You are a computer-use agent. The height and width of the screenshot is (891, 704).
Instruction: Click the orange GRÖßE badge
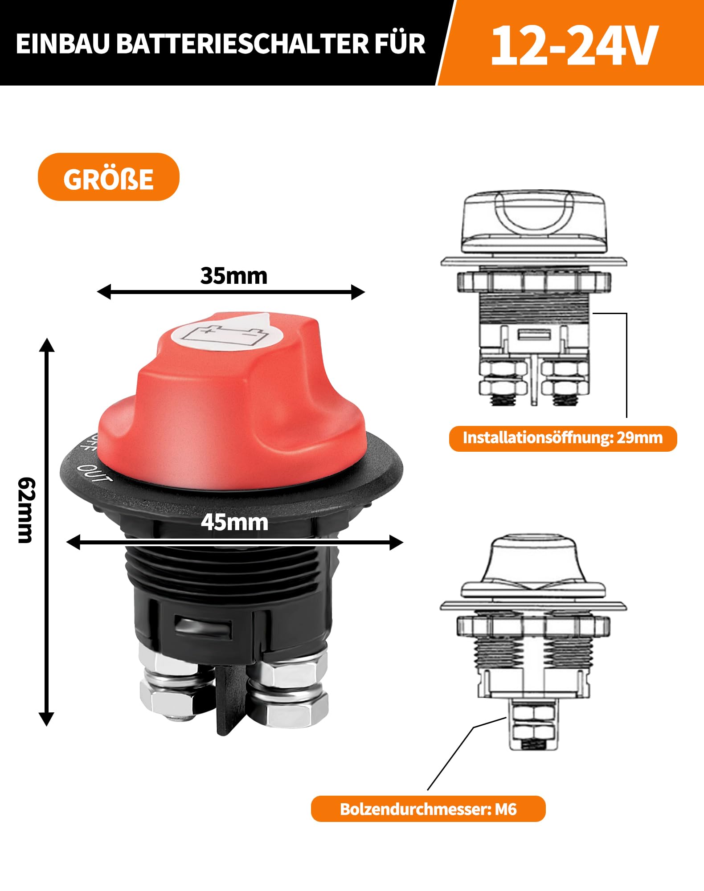coord(108,177)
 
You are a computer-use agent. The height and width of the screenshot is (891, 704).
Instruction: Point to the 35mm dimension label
coord(233,276)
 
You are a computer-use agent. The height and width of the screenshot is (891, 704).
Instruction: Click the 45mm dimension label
coord(234,522)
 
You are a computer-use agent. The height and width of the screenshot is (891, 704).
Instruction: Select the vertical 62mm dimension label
coord(26,510)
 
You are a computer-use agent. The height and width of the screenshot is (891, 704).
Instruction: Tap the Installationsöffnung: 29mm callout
coord(562,438)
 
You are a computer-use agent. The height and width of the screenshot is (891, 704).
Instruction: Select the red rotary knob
coord(232,401)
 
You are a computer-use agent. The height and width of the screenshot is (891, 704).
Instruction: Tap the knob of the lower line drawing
coord(533,566)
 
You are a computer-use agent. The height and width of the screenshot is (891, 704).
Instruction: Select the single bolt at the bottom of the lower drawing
coord(533,724)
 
